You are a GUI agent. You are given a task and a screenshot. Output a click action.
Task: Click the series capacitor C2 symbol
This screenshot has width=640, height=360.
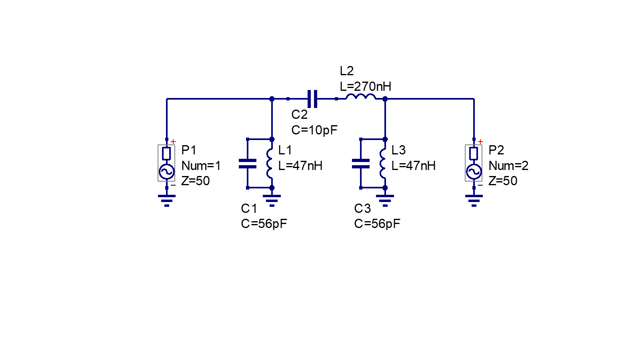[x=312, y=99]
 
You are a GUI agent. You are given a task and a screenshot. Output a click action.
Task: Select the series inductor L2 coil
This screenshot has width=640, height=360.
[x=360, y=97]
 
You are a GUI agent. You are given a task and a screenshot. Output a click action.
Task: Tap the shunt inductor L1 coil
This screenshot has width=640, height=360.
[x=269, y=163]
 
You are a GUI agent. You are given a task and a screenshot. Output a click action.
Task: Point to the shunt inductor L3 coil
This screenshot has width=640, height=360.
[x=382, y=163]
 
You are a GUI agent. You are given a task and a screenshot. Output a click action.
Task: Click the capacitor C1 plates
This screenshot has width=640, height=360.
[x=247, y=164]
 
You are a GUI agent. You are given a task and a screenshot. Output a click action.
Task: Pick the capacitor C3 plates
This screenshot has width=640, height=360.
[x=360, y=164]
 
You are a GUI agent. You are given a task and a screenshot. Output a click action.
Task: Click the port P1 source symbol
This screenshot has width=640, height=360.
[x=166, y=163]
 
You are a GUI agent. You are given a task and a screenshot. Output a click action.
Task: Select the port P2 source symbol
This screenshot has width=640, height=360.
[x=473, y=163]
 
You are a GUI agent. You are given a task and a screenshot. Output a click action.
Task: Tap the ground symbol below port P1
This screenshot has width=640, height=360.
[x=167, y=200]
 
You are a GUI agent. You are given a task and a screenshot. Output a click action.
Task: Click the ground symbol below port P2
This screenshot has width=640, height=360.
[x=474, y=200]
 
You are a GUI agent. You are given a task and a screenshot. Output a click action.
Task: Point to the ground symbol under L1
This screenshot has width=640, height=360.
[x=272, y=200]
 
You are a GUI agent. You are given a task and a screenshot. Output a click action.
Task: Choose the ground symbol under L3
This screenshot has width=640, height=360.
[x=385, y=200]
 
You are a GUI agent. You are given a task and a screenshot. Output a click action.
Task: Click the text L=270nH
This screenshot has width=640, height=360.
[x=365, y=87]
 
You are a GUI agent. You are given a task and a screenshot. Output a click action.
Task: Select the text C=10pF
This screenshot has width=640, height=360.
[x=315, y=130]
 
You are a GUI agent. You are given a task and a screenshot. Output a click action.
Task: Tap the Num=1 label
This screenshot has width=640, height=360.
[x=201, y=166]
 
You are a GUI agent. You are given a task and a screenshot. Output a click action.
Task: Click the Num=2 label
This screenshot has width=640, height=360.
[x=508, y=166]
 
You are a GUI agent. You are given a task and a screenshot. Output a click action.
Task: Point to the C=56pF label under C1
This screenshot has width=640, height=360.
[x=264, y=224]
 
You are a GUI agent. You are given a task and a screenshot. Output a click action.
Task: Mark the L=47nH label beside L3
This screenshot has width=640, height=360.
[x=413, y=166]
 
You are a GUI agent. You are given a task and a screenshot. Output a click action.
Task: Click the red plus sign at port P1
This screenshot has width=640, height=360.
[x=173, y=142]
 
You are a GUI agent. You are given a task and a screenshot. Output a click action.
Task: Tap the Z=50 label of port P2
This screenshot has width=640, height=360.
[x=503, y=181]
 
